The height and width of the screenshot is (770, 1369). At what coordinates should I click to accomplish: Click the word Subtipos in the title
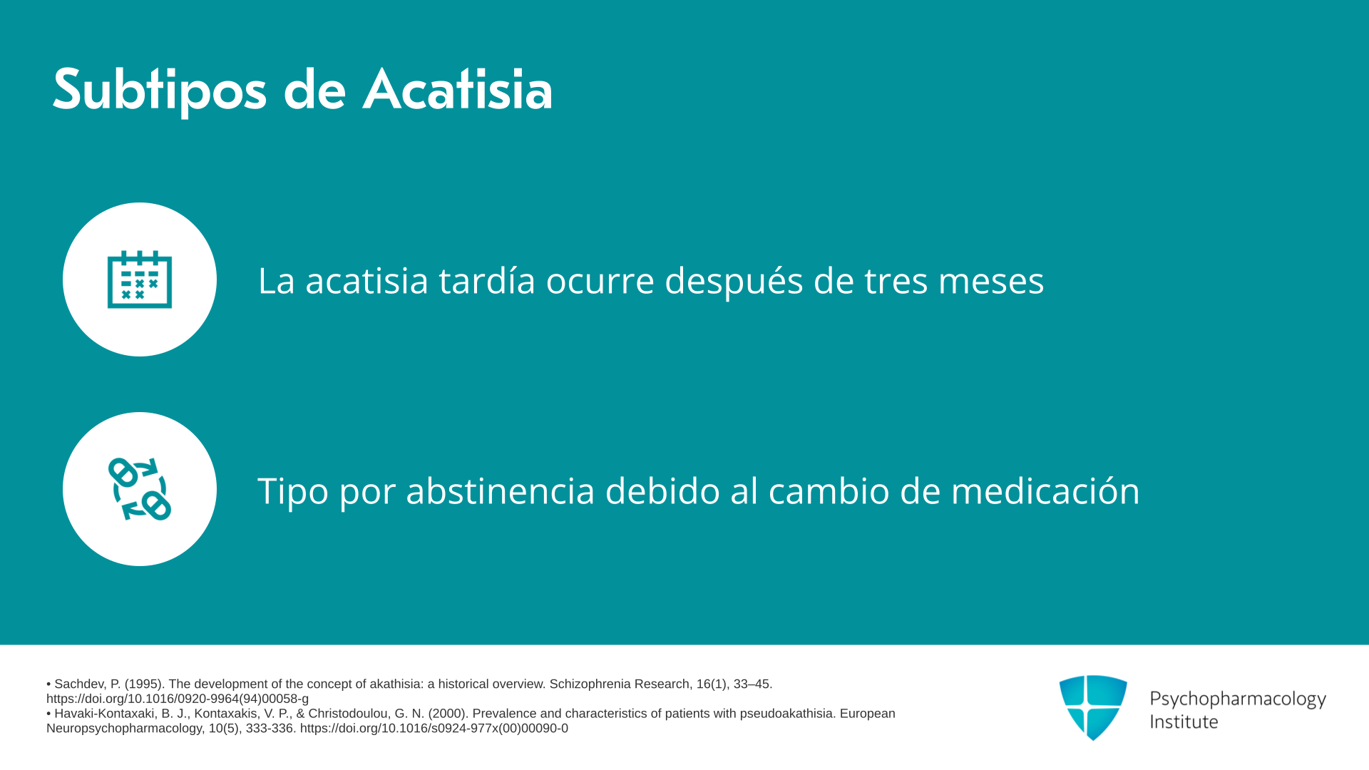pyautogui.click(x=159, y=91)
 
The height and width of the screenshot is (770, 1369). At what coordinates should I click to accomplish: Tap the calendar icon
pyautogui.click(x=140, y=279)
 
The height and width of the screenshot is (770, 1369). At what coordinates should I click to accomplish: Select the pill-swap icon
pyautogui.click(x=140, y=489)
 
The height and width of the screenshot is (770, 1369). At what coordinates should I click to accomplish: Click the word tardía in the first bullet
pyautogui.click(x=487, y=279)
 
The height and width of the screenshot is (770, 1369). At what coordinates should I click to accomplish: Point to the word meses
pyautogui.click(x=991, y=281)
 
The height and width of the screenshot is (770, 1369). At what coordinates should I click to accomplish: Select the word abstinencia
pyautogui.click(x=501, y=491)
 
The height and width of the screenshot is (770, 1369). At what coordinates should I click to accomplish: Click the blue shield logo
pyautogui.click(x=1093, y=707)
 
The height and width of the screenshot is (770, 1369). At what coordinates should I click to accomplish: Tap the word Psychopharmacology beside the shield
pyautogui.click(x=1238, y=699)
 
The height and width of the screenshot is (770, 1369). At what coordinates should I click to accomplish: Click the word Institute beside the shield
pyautogui.click(x=1184, y=722)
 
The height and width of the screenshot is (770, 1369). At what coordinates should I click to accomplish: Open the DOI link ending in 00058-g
pyautogui.click(x=178, y=699)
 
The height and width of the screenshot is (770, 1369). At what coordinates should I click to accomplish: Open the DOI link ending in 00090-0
pyautogui.click(x=434, y=728)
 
